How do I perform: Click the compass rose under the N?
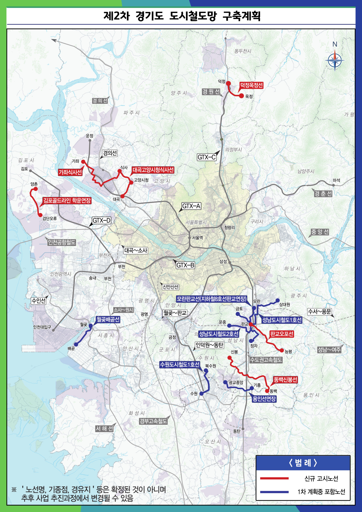[x=335, y=61]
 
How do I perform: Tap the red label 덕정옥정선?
[x=251, y=85]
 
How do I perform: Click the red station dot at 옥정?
[x=241, y=96]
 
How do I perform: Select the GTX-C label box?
[x=207, y=157]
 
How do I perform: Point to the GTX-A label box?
[x=191, y=206]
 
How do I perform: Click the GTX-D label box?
[x=101, y=220]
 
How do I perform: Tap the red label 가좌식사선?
[x=70, y=172]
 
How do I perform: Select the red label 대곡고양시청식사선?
[x=153, y=170]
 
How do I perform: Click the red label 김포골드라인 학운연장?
[x=67, y=200]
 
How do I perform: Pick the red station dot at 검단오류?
[x=40, y=215]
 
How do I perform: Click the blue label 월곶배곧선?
[x=108, y=319]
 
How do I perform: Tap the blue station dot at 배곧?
[x=76, y=344]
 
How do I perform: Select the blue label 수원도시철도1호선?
[x=180, y=364]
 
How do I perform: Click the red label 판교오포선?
[x=281, y=334]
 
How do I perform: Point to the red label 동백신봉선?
[x=285, y=379]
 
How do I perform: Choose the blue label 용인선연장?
[x=264, y=399]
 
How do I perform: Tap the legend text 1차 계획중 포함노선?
[x=321, y=492]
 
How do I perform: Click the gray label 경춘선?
[x=323, y=194]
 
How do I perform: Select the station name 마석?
[x=336, y=180]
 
